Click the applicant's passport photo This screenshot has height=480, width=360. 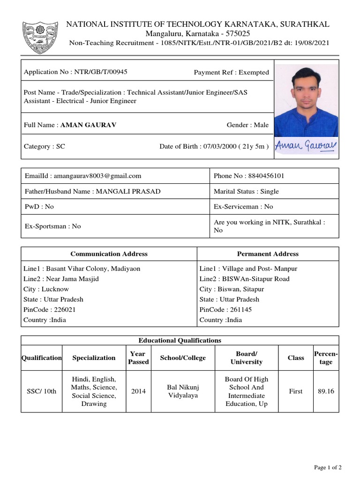pyautogui.click(x=306, y=100)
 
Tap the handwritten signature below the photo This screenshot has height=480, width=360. pyautogui.click(x=306, y=146)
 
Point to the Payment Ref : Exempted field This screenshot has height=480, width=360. pyautogui.click(x=231, y=72)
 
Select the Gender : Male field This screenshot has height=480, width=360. pyautogui.click(x=247, y=125)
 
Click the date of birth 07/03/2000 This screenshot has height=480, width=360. pyautogui.click(x=214, y=146)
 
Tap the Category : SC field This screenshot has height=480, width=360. pyautogui.click(x=45, y=146)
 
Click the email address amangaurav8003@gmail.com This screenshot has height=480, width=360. pyautogui.click(x=97, y=176)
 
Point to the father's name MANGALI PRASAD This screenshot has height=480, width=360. pyautogui.click(x=128, y=191)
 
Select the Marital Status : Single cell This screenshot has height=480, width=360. pyautogui.click(x=246, y=191)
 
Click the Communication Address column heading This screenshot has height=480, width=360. pyautogui.click(x=109, y=254)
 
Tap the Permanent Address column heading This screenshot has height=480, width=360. pyautogui.click(x=268, y=254)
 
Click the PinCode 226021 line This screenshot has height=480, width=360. pyautogui.click(x=50, y=309)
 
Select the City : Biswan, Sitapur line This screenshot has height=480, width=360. pyautogui.click(x=232, y=289)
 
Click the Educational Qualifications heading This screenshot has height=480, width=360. pyautogui.click(x=180, y=340)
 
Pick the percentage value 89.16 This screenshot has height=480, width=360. pyautogui.click(x=326, y=391)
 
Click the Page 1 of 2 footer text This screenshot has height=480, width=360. pyautogui.click(x=328, y=467)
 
